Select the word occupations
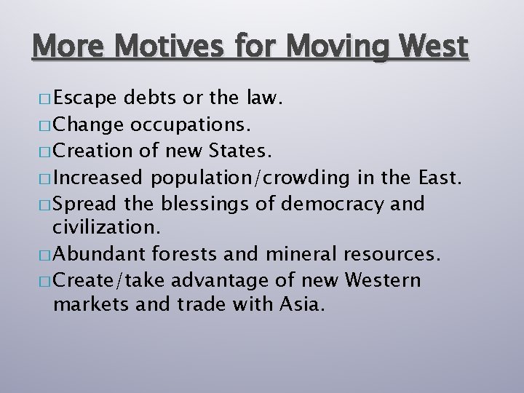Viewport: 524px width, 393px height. (191, 124)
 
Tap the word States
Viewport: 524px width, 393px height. (240, 151)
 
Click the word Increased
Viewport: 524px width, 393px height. (99, 178)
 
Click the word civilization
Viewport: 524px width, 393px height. (103, 228)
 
